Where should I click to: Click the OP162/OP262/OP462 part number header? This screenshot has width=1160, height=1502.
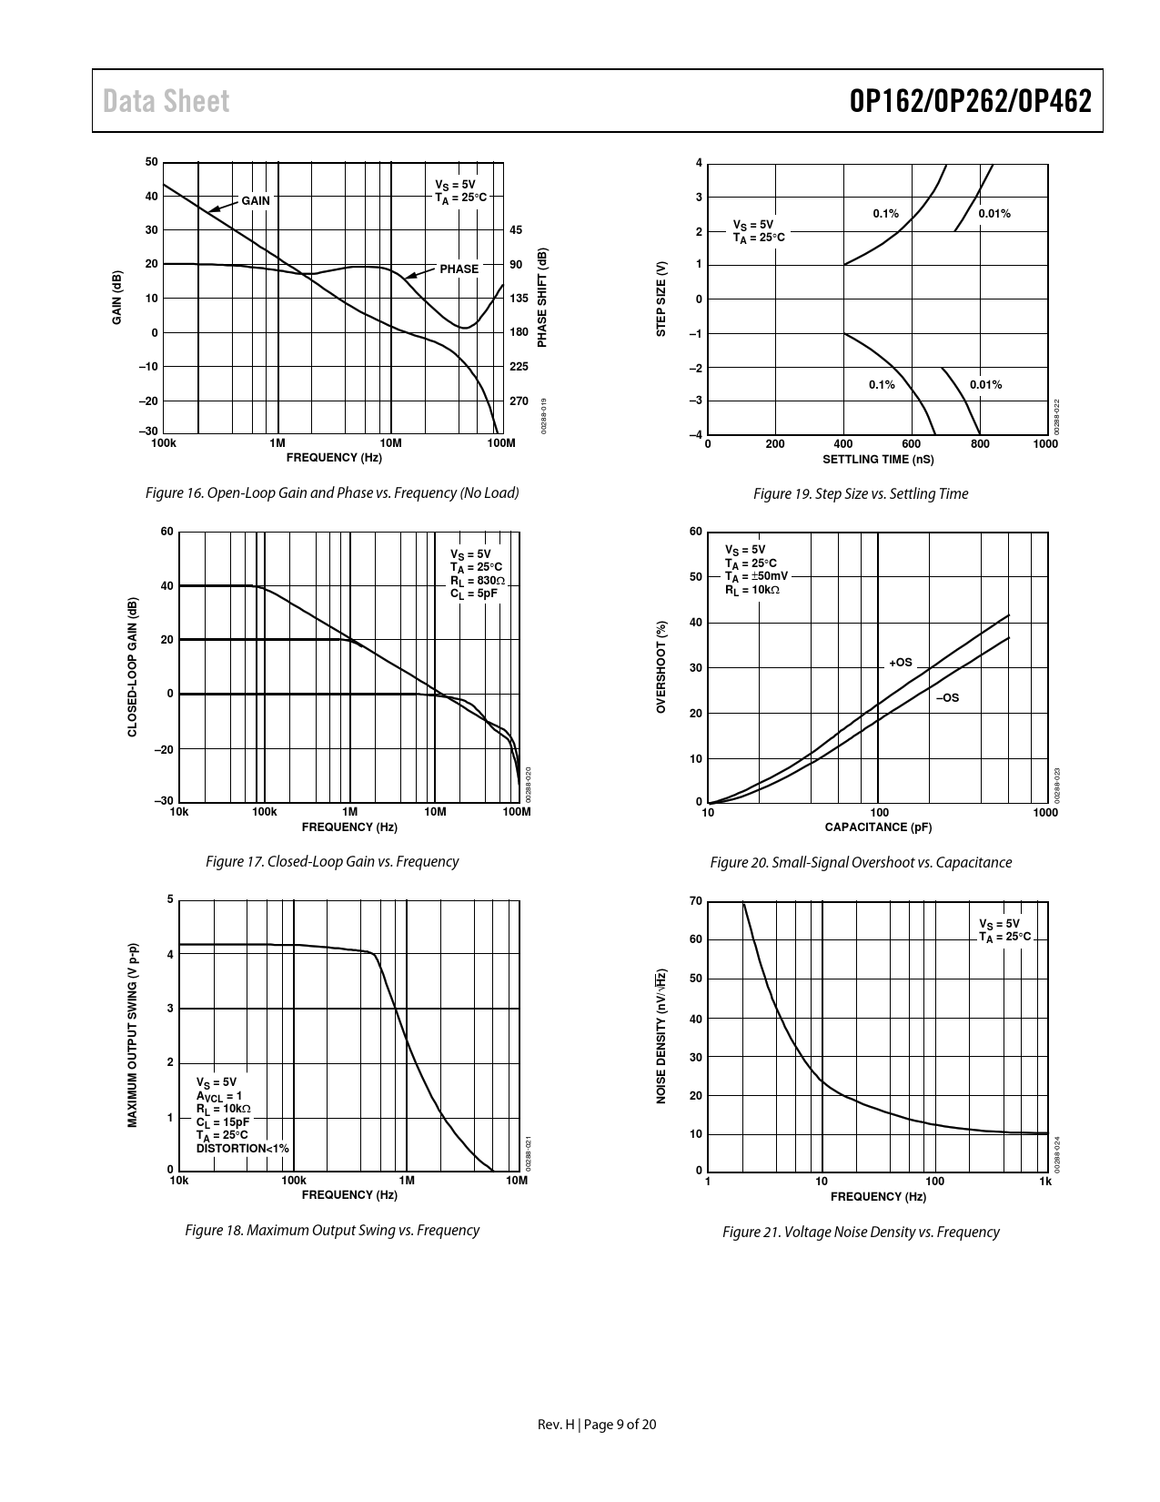pyautogui.click(x=970, y=101)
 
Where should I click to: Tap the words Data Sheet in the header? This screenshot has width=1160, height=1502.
pyautogui.click(x=166, y=101)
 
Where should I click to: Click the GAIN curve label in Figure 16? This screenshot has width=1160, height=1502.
pyautogui.click(x=255, y=200)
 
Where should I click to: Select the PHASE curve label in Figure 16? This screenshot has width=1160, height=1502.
pyautogui.click(x=459, y=269)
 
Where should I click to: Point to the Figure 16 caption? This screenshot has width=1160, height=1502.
pyautogui.click(x=332, y=493)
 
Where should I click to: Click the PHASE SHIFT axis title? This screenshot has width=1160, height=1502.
pyautogui.click(x=543, y=298)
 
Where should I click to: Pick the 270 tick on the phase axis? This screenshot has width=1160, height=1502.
pyautogui.click(x=519, y=401)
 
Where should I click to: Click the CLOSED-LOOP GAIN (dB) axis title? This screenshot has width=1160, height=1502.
pyautogui.click(x=133, y=667)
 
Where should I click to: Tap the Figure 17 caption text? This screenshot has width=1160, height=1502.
pyautogui.click(x=332, y=862)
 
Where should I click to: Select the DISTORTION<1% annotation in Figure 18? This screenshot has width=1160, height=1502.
pyautogui.click(x=243, y=1149)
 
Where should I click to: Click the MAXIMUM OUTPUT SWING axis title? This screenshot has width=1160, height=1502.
pyautogui.click(x=133, y=1035)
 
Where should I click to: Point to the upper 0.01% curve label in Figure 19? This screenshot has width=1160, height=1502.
pyautogui.click(x=994, y=214)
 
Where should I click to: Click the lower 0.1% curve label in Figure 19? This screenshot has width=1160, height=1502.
pyautogui.click(x=881, y=385)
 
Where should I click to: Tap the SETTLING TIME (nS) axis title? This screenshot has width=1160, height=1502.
pyautogui.click(x=878, y=460)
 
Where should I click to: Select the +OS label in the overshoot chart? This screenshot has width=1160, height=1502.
pyautogui.click(x=901, y=663)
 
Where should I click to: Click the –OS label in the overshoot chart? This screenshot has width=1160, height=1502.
pyautogui.click(x=948, y=698)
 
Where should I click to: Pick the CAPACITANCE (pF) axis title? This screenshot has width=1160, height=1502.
pyautogui.click(x=878, y=827)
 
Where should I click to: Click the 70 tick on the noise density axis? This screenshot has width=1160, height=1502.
pyautogui.click(x=695, y=901)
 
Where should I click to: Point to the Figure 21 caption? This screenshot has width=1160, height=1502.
pyautogui.click(x=861, y=1233)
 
